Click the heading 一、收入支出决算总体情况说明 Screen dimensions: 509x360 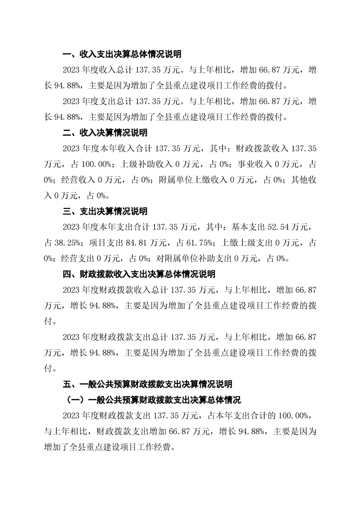[x=122, y=54]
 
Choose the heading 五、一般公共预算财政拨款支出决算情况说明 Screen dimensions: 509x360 [x=148, y=384]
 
